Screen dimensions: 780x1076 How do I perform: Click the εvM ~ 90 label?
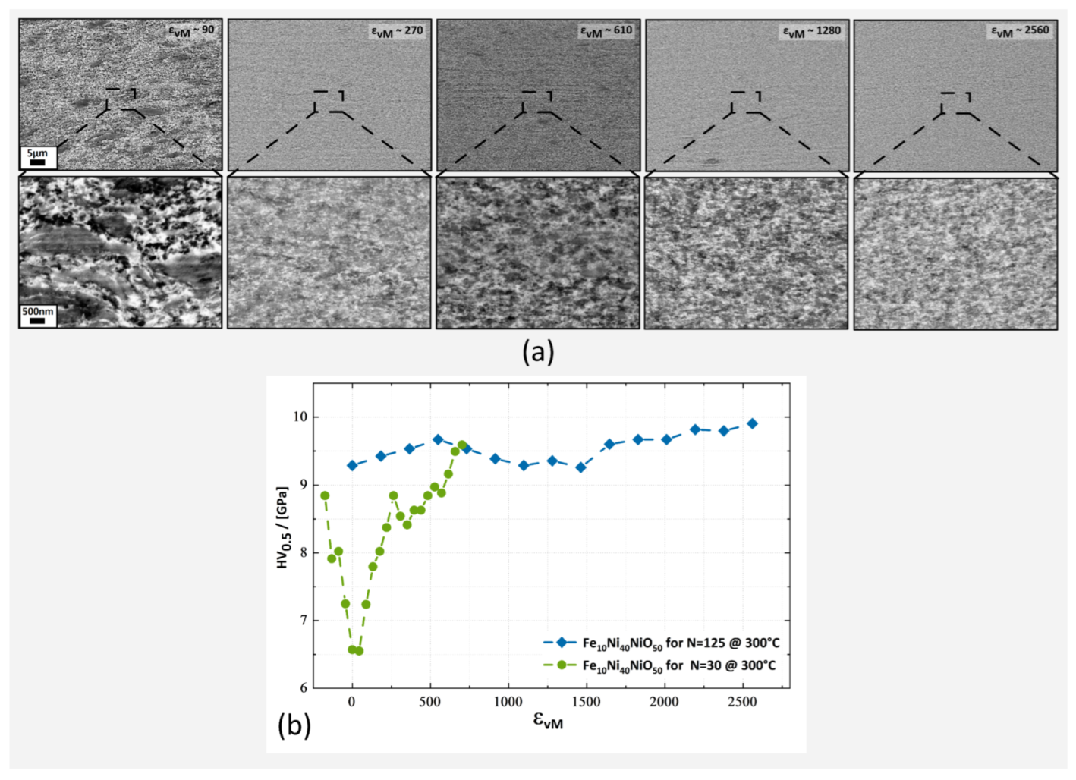(x=191, y=30)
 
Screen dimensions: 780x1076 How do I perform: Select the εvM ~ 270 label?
(x=397, y=31)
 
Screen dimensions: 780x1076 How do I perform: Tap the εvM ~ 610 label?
(x=606, y=31)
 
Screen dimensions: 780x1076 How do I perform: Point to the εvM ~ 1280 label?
(x=812, y=31)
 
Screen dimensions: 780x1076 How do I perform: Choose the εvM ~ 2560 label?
(x=1020, y=31)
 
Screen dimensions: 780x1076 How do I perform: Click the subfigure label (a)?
(x=538, y=352)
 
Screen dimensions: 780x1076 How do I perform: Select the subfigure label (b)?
(x=294, y=725)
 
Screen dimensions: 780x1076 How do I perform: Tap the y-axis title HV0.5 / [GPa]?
(x=282, y=528)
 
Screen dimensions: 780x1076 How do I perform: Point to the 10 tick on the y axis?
(x=300, y=417)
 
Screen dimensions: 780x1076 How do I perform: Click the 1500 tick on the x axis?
(x=585, y=702)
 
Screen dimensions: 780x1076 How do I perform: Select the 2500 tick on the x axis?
(x=741, y=702)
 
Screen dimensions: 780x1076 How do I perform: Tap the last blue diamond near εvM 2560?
(x=752, y=423)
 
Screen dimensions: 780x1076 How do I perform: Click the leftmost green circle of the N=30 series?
(x=325, y=495)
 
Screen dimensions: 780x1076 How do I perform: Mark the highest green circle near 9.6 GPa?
(x=462, y=445)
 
